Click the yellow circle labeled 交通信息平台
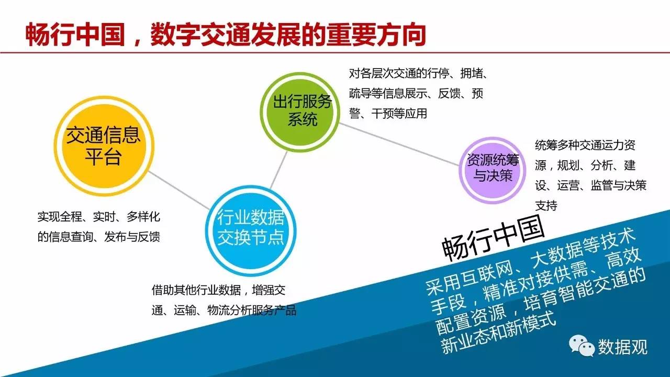click(x=104, y=146)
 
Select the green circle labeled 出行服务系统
click(x=300, y=112)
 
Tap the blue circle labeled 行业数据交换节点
click(x=251, y=231)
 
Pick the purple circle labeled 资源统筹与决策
click(x=493, y=171)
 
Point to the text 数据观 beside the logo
click(x=623, y=347)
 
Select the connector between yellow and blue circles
click(x=179, y=190)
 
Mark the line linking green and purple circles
click(x=399, y=144)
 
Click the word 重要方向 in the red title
click(x=376, y=35)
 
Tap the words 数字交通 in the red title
click(x=200, y=35)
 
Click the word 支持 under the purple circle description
click(x=546, y=206)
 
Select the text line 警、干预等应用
click(x=388, y=114)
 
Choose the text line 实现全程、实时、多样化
click(x=99, y=217)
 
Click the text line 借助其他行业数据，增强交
click(x=218, y=290)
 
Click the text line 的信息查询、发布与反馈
click(x=99, y=237)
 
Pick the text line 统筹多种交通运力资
click(x=585, y=145)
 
